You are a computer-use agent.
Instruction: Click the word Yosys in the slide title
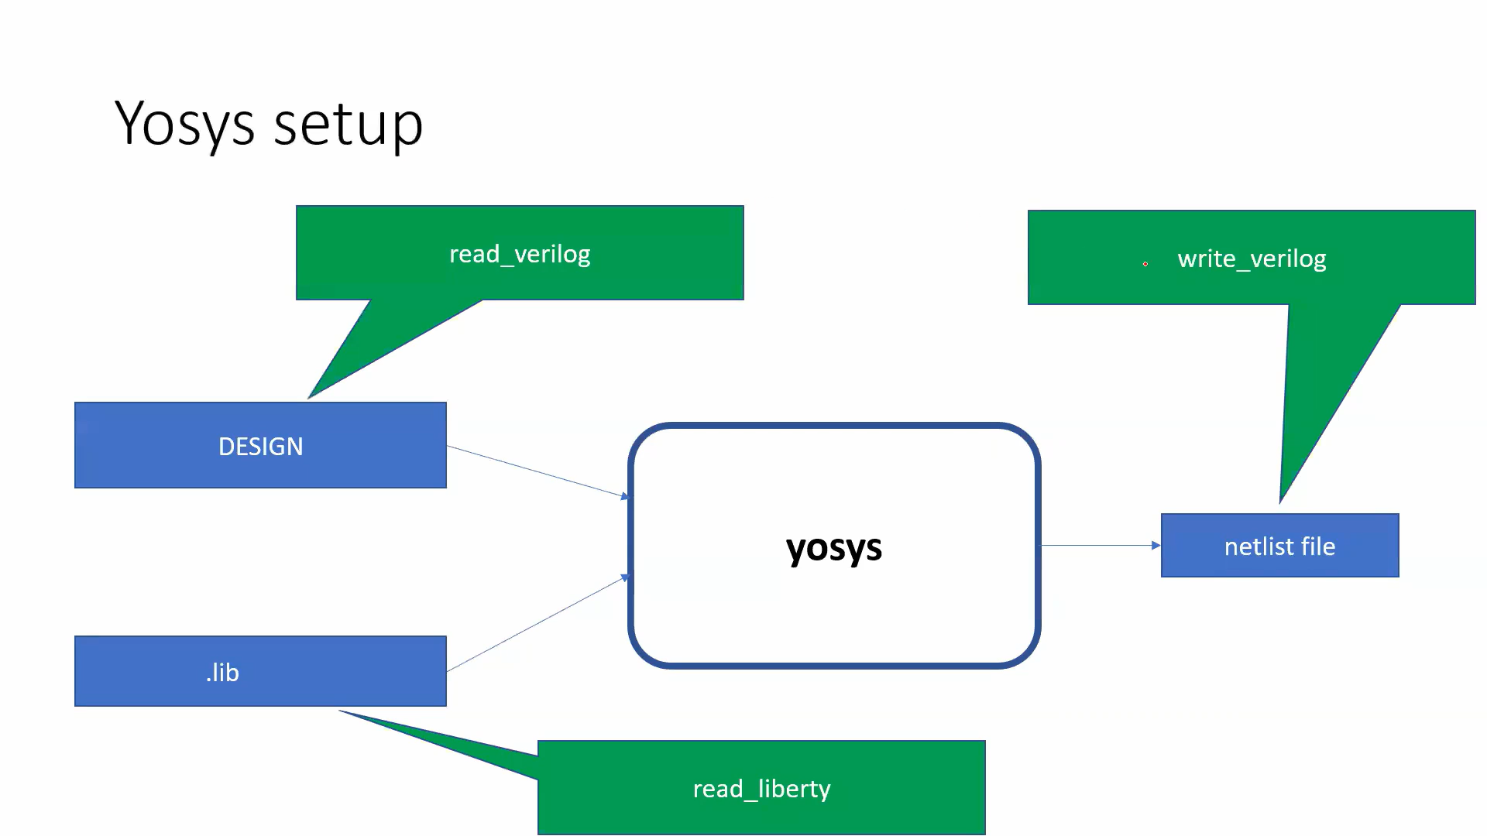pyautogui.click(x=184, y=124)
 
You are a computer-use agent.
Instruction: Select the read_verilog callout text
pyautogui.click(x=520, y=254)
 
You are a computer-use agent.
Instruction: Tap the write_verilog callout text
pyautogui.click(x=1252, y=259)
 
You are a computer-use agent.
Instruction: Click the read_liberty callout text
pyautogui.click(x=761, y=789)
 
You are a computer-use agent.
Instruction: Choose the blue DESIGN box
pyautogui.click(x=260, y=446)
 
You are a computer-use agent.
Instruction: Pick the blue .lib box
pyautogui.click(x=260, y=671)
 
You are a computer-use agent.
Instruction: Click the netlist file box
pyautogui.click(x=1279, y=546)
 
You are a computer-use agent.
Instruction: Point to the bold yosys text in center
pyautogui.click(x=833, y=547)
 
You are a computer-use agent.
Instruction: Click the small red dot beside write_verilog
pyautogui.click(x=1145, y=264)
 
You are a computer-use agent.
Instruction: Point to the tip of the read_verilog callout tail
pyautogui.click(x=310, y=397)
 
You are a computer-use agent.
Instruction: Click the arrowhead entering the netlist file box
pyautogui.click(x=1156, y=546)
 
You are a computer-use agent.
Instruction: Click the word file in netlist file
pyautogui.click(x=1317, y=546)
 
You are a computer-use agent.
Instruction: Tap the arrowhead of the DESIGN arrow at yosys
pyautogui.click(x=625, y=495)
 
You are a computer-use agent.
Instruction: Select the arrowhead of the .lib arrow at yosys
pyautogui.click(x=626, y=577)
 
